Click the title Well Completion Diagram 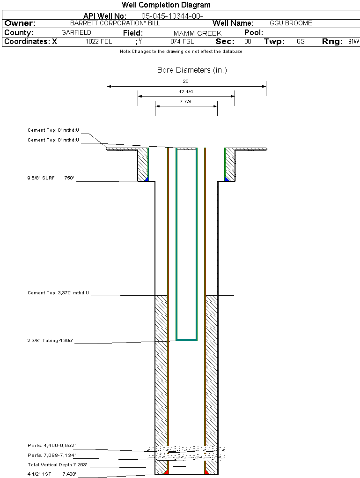point(166,5)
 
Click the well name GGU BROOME point(291,23)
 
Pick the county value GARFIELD point(76,33)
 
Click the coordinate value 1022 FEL point(99,42)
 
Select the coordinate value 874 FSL point(182,42)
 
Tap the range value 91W point(353,42)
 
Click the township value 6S point(301,42)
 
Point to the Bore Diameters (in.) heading point(192,70)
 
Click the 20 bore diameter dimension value point(185,81)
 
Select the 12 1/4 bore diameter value point(186,91)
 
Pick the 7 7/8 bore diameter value point(186,101)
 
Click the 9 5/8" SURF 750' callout point(51,178)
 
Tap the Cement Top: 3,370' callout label point(58,293)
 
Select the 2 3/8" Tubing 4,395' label point(51,341)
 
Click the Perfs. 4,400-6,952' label point(51,446)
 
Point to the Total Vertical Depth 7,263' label point(57,465)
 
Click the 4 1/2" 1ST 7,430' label point(51,474)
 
